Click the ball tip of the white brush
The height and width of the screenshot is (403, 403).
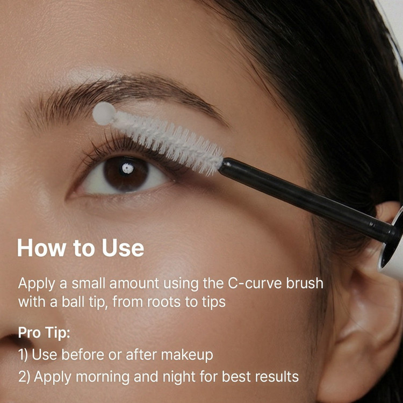click(x=104, y=113)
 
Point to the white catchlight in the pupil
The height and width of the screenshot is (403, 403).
click(x=128, y=168)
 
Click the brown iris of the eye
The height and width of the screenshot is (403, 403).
click(x=126, y=174)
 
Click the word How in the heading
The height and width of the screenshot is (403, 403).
click(x=41, y=248)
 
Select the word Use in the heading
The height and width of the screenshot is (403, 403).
click(x=123, y=248)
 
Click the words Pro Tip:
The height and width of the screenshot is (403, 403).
click(x=44, y=332)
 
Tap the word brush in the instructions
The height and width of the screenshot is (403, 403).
click(x=302, y=283)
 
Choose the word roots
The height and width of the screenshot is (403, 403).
click(x=163, y=302)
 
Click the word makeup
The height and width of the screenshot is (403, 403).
click(x=187, y=355)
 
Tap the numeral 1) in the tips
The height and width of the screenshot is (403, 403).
click(x=23, y=355)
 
